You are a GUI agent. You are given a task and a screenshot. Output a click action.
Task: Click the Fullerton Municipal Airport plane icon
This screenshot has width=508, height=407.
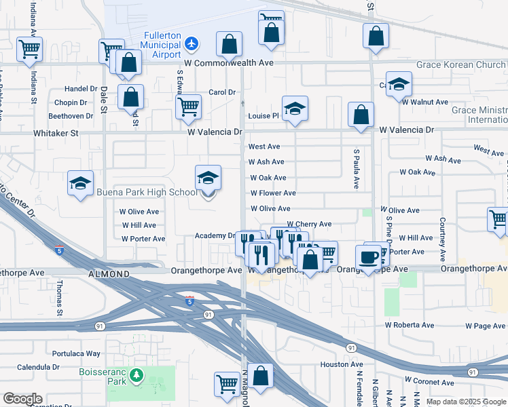pyautogui.click(x=192, y=43)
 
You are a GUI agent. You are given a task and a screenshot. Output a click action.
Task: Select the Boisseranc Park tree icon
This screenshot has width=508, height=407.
pyautogui.click(x=137, y=375)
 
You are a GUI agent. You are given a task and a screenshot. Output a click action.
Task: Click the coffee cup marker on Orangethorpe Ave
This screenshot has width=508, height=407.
pyautogui.click(x=369, y=257)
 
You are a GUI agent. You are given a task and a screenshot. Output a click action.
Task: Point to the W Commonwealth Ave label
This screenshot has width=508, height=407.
pyautogui.click(x=228, y=62)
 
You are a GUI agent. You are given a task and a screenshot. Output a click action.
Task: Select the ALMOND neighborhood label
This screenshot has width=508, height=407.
pyautogui.click(x=109, y=274)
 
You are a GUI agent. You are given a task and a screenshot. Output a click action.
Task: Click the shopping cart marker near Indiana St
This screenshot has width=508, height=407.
pyautogui.click(x=29, y=49)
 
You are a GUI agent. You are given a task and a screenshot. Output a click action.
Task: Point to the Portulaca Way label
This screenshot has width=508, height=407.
pyautogui.click(x=76, y=354)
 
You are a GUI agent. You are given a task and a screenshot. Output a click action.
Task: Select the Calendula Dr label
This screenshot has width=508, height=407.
pyautogui.click(x=39, y=367)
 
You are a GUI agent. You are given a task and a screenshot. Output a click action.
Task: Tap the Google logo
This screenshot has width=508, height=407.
pyautogui.click(x=22, y=399)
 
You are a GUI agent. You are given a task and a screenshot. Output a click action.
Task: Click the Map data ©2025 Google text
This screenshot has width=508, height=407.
pyautogui.click(x=465, y=402)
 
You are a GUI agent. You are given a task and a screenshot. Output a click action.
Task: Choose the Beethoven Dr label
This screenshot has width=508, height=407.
pyautogui.click(x=71, y=116)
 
